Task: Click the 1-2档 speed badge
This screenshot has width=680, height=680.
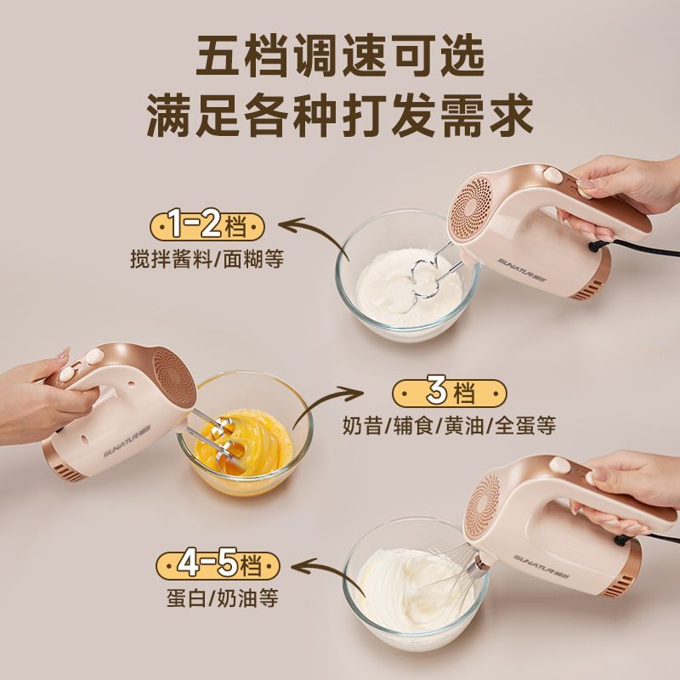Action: coord(207,227)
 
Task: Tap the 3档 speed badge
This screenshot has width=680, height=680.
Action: coord(450,394)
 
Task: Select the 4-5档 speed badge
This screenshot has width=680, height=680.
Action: coord(218,565)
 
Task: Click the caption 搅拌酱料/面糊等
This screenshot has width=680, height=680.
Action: coord(207,259)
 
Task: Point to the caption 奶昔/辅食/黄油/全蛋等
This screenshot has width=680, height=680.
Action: coord(449,426)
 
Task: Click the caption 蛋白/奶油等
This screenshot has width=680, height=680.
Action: coord(223,598)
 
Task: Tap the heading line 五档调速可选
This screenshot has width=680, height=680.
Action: coord(340,56)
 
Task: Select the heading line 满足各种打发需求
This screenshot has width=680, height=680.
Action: coord(340,116)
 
